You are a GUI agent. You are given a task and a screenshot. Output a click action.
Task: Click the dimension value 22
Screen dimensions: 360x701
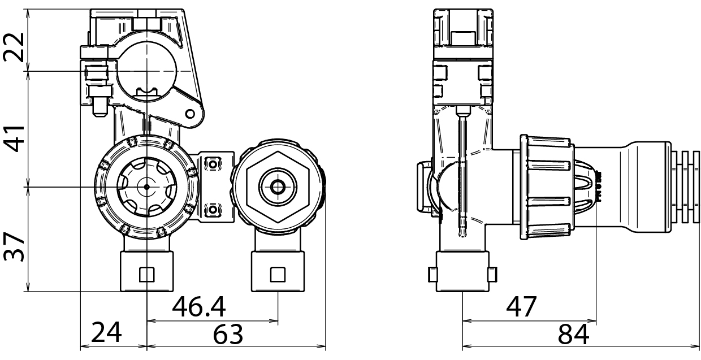pos(14,47)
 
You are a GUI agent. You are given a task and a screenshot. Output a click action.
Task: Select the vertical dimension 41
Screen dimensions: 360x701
pos(14,138)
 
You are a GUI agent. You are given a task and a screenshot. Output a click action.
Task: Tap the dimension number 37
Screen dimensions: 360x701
pos(14,245)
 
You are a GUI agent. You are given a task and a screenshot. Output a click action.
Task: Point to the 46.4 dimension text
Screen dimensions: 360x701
pos(199,307)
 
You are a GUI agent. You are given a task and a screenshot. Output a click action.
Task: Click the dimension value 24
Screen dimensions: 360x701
pos(107,334)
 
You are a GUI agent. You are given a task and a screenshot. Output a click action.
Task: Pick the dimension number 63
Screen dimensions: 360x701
pos(228,335)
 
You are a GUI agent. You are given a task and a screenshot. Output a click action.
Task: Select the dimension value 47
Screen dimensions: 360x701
pos(521,307)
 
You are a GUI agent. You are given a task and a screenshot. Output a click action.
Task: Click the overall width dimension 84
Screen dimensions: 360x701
pos(573,335)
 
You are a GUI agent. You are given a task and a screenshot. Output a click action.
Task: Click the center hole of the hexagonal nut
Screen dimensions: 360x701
pos(278,186)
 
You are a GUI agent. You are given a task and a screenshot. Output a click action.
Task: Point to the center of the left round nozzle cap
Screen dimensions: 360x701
pos(146,186)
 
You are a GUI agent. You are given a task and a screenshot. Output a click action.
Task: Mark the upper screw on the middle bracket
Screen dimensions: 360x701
pos(213,164)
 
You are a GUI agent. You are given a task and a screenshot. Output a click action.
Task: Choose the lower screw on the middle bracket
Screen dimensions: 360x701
pos(213,209)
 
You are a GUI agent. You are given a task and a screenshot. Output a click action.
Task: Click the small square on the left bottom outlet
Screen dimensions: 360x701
pos(146,274)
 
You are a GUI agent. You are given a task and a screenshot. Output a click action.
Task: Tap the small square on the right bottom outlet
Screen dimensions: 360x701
pos(278,274)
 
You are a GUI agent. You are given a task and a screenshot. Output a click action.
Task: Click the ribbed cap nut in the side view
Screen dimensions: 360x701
pos(547,186)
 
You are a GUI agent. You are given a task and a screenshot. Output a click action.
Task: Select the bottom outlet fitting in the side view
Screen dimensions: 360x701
pos(462,274)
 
